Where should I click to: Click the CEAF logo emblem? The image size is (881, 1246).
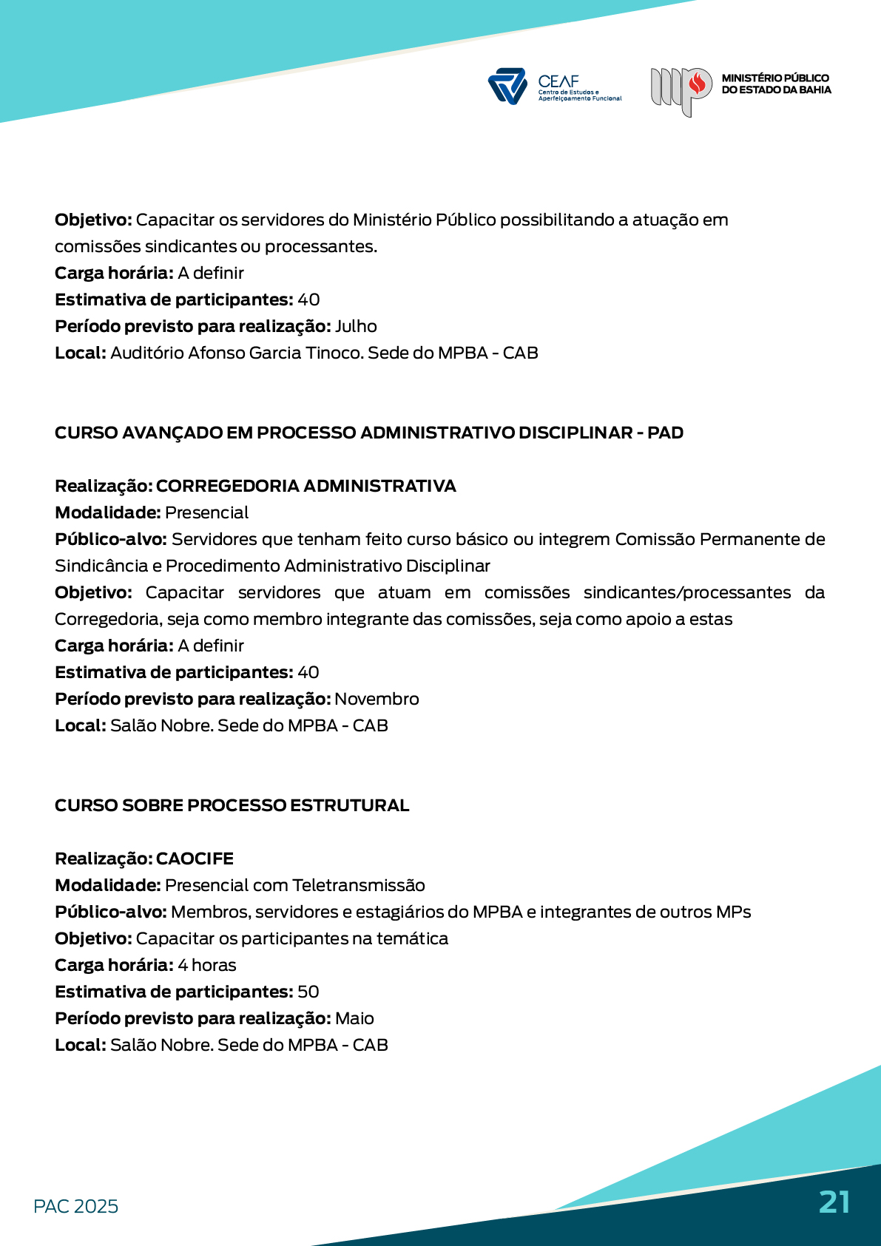pos(507,86)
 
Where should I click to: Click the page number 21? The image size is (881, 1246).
pos(834,1202)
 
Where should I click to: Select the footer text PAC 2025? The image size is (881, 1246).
pos(75,1206)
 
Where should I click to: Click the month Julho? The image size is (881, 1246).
pos(356,326)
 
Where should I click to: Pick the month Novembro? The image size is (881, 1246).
pos(377,699)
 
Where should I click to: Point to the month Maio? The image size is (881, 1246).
pos(354,1018)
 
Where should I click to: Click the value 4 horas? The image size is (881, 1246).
pos(207,965)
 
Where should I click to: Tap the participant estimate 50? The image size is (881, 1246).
pos(308,992)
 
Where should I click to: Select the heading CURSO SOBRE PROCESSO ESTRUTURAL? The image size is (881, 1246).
pos(232,805)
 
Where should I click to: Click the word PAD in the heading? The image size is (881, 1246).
pos(665,433)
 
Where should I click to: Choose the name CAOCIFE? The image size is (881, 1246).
pos(195,859)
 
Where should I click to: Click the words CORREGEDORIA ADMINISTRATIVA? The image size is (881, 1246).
pos(306,486)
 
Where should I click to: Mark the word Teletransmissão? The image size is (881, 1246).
pos(359,885)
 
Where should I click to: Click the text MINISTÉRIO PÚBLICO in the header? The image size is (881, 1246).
pos(774,78)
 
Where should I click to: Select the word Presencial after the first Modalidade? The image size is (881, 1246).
pos(207,512)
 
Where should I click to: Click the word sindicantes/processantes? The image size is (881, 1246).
pos(687,592)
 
